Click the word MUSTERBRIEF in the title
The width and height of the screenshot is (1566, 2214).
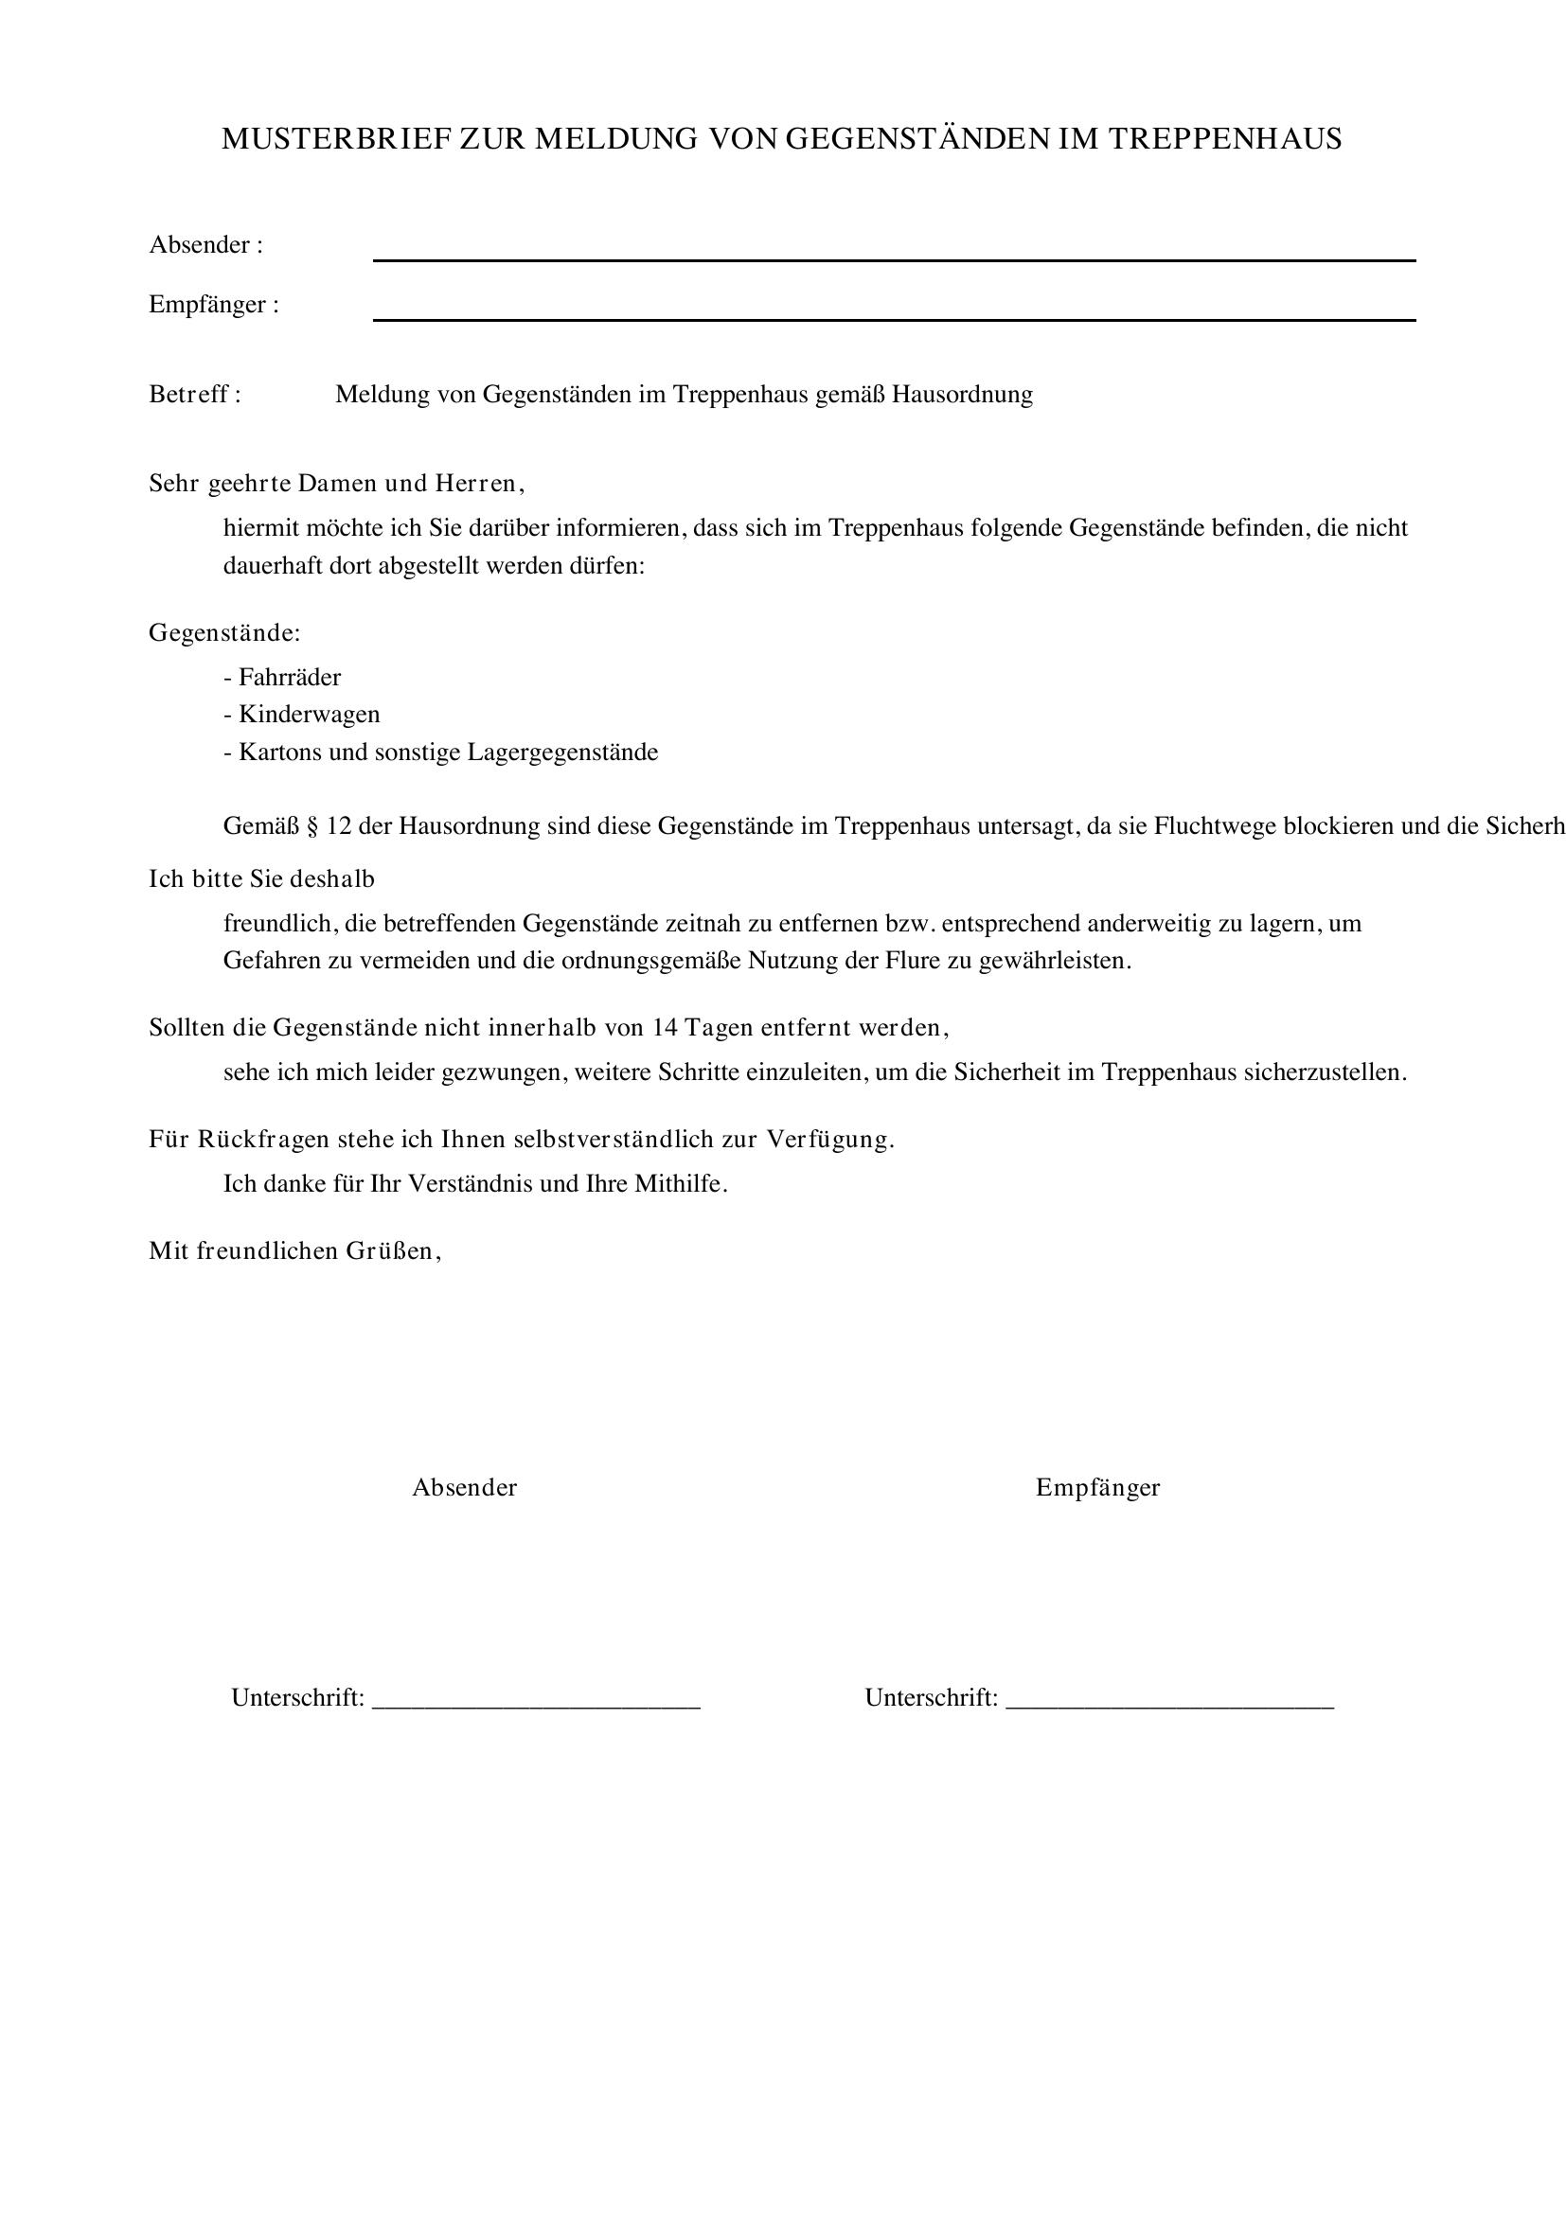pos(336,140)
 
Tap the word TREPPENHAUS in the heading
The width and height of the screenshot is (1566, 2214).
pos(1224,140)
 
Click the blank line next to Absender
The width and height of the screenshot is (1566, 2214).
pos(894,259)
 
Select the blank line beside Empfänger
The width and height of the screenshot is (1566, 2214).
pos(894,319)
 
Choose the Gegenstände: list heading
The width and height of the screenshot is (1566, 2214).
pos(224,633)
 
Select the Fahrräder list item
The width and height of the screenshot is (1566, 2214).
pos(290,678)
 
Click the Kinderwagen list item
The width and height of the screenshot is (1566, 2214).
pos(309,715)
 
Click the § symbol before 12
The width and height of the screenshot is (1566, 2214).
pos(311,826)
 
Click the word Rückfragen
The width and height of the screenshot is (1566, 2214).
pos(263,1140)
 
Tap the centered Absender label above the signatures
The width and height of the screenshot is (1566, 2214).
pos(465,1488)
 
